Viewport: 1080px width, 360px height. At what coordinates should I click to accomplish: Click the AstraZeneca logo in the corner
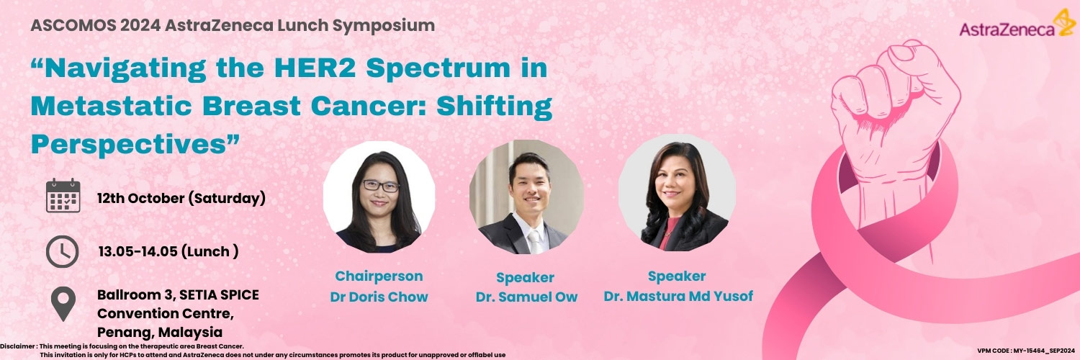click(x=1017, y=24)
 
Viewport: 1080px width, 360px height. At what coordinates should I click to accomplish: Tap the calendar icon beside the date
click(x=63, y=195)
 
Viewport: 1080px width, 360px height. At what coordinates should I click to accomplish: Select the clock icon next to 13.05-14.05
click(x=62, y=251)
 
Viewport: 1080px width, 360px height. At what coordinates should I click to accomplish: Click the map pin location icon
click(x=63, y=304)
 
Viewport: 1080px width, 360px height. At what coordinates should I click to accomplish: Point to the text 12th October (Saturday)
click(x=181, y=199)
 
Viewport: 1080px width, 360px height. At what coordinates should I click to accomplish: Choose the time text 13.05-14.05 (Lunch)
click(x=168, y=251)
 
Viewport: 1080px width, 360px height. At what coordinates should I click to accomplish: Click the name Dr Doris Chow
click(x=379, y=297)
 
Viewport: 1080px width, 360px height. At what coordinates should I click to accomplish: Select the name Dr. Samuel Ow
click(x=526, y=297)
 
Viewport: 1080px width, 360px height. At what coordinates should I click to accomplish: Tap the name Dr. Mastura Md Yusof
click(x=678, y=296)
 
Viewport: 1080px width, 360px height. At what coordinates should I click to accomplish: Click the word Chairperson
click(x=379, y=276)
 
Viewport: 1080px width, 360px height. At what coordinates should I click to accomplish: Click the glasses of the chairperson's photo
click(x=380, y=186)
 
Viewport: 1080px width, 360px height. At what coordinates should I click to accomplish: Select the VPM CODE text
click(x=1026, y=351)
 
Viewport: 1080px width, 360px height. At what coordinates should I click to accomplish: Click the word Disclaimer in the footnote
click(x=17, y=346)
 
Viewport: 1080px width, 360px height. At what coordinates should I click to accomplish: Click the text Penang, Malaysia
click(x=160, y=332)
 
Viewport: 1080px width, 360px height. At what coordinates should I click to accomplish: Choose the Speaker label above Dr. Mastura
click(x=677, y=276)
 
